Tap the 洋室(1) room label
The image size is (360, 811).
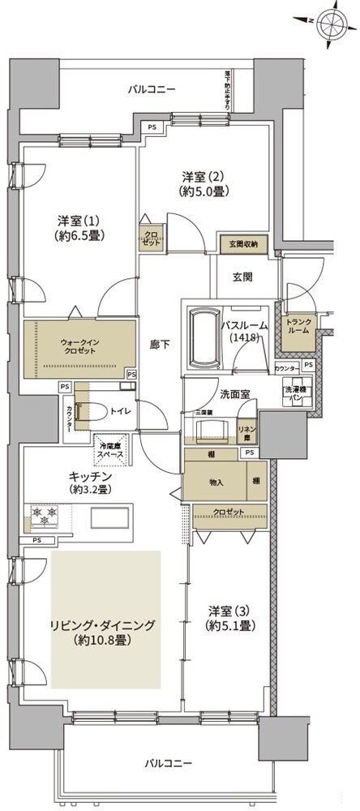pos(77,228)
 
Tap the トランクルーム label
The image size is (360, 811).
pos(298,328)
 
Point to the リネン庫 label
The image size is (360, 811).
pos(245,431)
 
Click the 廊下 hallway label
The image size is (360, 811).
pos(158,343)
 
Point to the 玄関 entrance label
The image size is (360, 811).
pos(242,277)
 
